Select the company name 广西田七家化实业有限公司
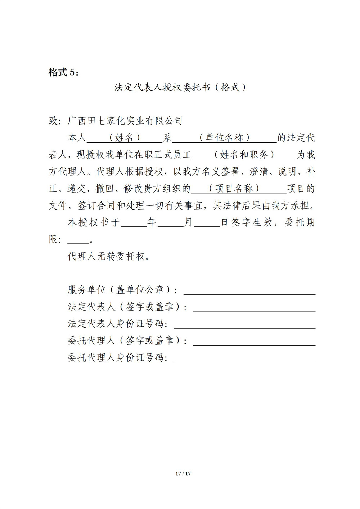[x=125, y=121]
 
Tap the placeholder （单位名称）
[x=225, y=138]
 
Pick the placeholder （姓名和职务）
[x=244, y=155]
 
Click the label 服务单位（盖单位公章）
[x=122, y=290]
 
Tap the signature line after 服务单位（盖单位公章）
[x=249, y=292]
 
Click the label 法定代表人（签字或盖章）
[x=127, y=307]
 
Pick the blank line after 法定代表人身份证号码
[x=244, y=325]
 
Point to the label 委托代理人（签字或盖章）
[x=127, y=341]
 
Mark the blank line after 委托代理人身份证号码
[x=244, y=359]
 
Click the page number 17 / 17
[x=183, y=473]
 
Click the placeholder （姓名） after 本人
[x=122, y=138]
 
